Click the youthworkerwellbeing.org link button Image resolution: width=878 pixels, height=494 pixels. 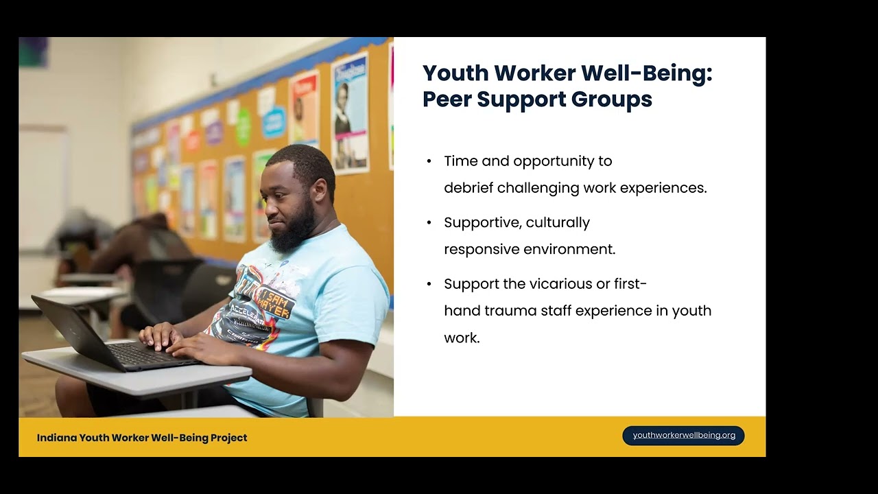(683, 436)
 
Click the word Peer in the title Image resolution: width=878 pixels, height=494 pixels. (446, 99)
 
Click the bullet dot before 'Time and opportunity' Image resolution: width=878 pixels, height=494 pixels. (429, 162)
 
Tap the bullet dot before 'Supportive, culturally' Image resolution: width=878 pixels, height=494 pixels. (429, 223)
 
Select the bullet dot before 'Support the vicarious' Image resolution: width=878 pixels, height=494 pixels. (429, 284)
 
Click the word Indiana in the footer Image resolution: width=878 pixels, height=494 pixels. (56, 438)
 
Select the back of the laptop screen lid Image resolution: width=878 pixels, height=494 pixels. (69, 329)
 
